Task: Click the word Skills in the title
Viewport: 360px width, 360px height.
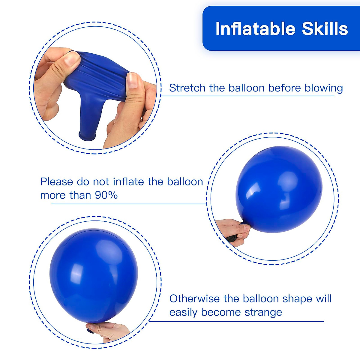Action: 325,29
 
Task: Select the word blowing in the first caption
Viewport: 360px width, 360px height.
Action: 324,88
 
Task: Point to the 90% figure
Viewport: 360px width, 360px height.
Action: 106,195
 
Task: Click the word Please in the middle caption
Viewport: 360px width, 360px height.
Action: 57,182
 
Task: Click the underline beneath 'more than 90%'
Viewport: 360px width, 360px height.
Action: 129,204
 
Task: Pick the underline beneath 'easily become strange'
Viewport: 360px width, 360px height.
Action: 237,322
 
